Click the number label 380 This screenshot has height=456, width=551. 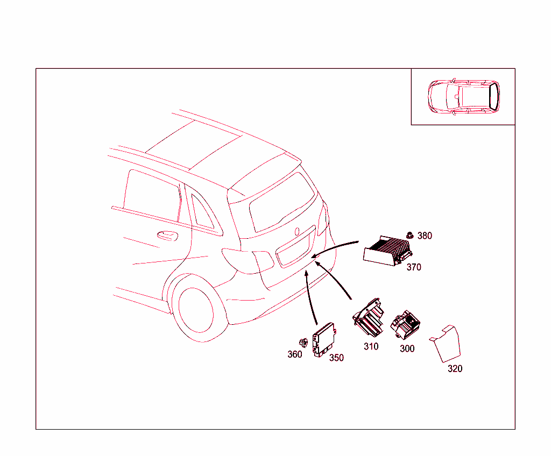(425, 236)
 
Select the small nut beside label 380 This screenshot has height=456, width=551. (410, 235)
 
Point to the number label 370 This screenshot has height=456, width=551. (414, 267)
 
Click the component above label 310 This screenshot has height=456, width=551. (369, 318)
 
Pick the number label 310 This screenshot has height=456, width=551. (371, 347)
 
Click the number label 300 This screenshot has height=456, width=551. (407, 349)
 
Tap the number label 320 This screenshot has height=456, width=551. (455, 369)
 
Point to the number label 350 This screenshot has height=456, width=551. (336, 358)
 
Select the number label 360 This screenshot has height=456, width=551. (294, 354)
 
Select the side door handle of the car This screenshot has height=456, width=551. (167, 235)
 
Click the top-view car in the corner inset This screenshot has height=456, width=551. (463, 97)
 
